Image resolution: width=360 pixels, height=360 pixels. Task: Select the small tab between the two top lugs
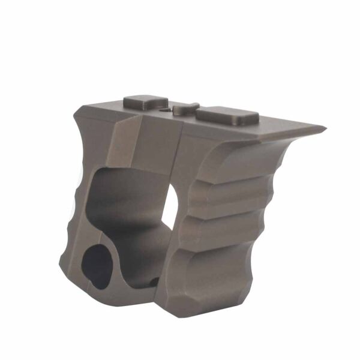pyautogui.click(x=185, y=109)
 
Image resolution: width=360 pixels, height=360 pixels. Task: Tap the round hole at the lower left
pyautogui.click(x=95, y=265)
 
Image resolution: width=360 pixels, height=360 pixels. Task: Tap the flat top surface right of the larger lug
pyautogui.click(x=282, y=126)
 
